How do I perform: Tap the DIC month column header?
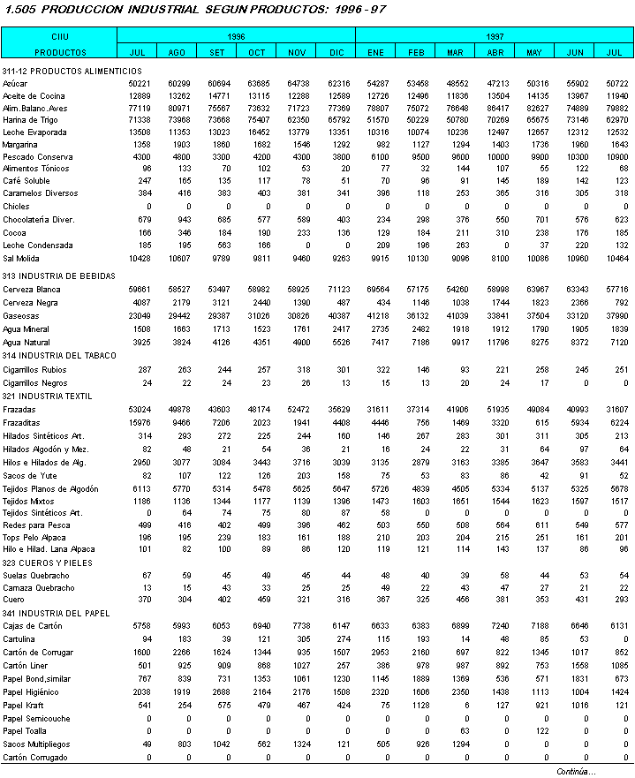(x=336, y=52)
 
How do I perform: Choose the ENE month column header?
(x=375, y=52)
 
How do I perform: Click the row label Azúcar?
(x=15, y=82)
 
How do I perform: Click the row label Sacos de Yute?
(x=27, y=475)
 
